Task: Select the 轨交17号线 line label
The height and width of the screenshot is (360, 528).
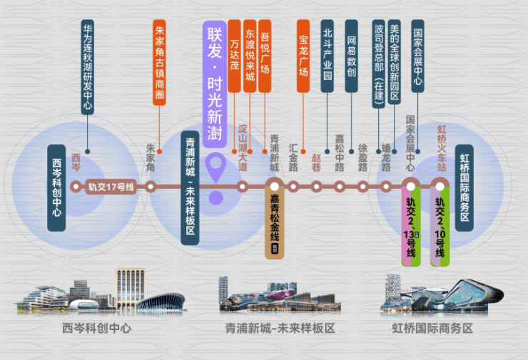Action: tap(111, 187)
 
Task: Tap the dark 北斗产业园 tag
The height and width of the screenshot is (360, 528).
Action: tap(328, 57)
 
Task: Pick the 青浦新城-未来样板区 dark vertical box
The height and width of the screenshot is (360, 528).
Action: tap(190, 187)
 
